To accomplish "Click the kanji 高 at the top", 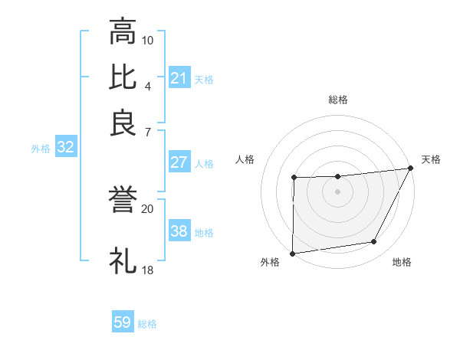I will (123, 31).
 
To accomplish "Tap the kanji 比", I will (123, 77).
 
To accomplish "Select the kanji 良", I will (123, 122).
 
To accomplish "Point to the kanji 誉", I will (123, 201).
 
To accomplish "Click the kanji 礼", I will (123, 261).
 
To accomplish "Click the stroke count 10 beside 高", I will (148, 40).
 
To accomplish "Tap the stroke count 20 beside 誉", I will (148, 208).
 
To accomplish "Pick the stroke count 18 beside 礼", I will (148, 270).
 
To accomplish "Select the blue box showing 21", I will (179, 78).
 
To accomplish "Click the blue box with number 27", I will (179, 162).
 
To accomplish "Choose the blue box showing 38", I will (179, 231).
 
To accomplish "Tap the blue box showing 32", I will (66, 148).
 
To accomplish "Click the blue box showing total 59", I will (123, 322).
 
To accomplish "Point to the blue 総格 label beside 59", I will (147, 324).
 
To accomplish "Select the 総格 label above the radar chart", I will (338, 100).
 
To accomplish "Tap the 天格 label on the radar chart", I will (431, 159).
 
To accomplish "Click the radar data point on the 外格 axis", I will (292, 253).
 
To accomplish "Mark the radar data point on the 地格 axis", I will (374, 242).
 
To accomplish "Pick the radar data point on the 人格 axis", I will (294, 178).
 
